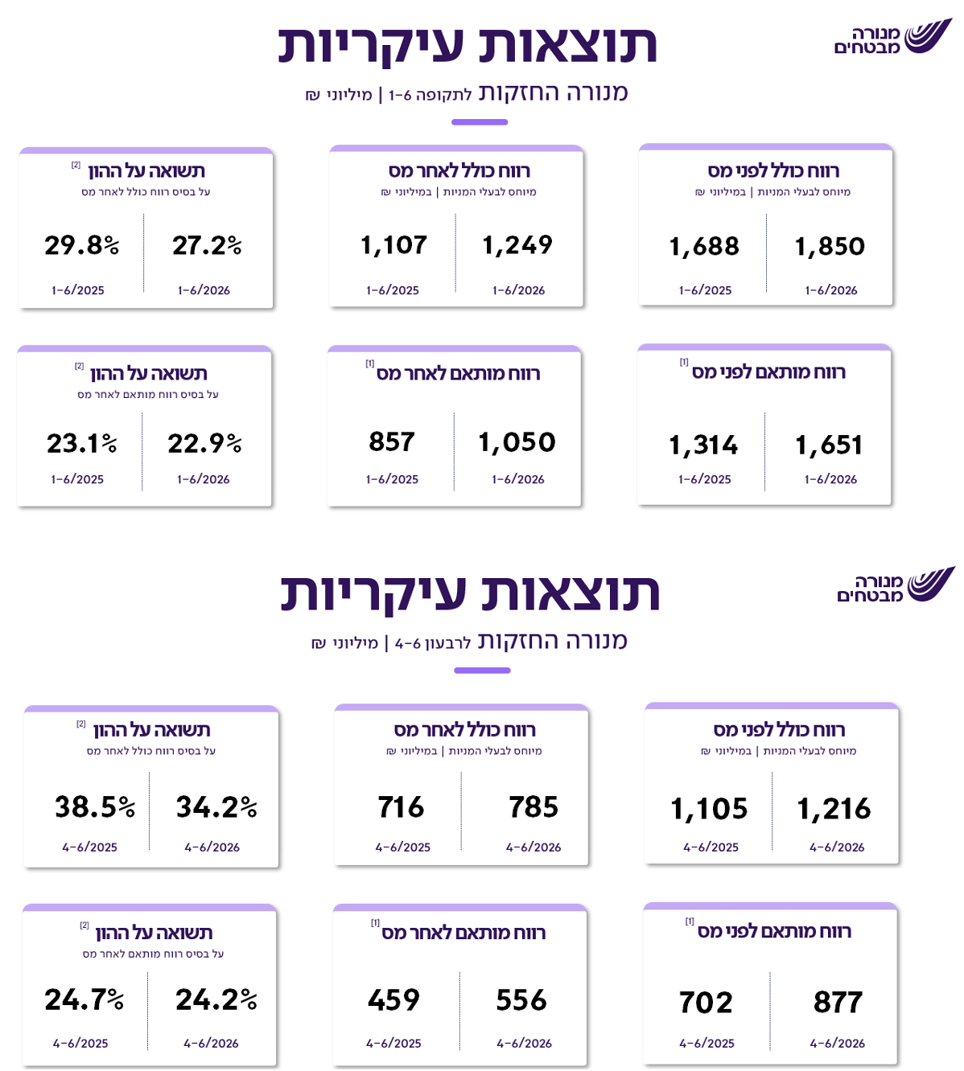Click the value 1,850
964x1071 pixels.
830,247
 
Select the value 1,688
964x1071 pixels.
704,247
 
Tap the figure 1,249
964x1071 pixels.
517,245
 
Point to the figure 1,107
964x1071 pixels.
393,245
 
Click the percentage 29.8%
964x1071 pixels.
82,245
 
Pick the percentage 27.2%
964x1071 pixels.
207,245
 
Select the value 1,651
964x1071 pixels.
829,445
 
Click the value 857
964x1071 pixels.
392,441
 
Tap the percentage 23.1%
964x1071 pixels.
82,443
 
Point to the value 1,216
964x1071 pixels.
834,808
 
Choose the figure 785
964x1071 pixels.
533,806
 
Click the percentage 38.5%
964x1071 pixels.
95,806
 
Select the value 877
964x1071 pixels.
838,1002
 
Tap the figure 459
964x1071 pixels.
393,999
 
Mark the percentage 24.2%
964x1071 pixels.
216,999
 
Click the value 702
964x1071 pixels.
706,1002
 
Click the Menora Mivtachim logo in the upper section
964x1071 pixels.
893,36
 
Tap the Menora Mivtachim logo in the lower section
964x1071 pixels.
896,585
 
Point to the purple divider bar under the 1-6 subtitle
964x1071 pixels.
480,122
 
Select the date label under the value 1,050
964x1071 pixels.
517,479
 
